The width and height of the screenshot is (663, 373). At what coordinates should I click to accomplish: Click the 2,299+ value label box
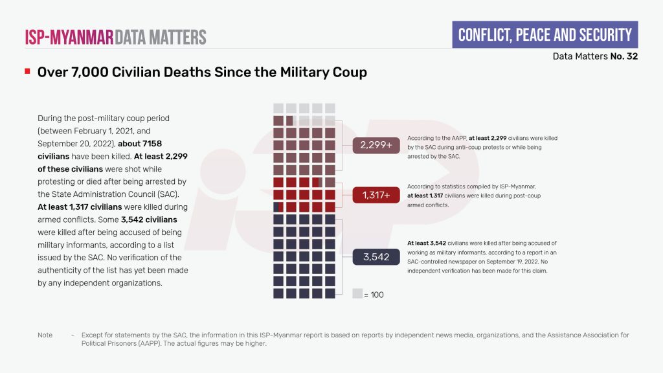coord(376,146)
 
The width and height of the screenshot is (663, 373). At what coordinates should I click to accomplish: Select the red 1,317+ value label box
coord(376,195)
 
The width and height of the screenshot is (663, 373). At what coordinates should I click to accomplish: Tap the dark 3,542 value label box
coord(376,257)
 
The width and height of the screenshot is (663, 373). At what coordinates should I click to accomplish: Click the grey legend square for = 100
coord(357,293)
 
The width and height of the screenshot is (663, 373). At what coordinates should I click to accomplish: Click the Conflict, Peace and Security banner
coord(545,35)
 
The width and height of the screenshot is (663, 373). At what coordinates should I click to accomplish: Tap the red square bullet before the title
coord(27,71)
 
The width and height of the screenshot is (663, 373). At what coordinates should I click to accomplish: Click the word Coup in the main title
coord(350,72)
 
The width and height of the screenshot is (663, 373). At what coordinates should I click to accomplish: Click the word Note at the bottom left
coord(45,335)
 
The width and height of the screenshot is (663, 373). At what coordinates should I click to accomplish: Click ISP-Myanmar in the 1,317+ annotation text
coord(511,186)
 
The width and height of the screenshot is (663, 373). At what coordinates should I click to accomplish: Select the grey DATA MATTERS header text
coord(161,36)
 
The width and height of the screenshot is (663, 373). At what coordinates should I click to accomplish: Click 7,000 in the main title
coord(89,72)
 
